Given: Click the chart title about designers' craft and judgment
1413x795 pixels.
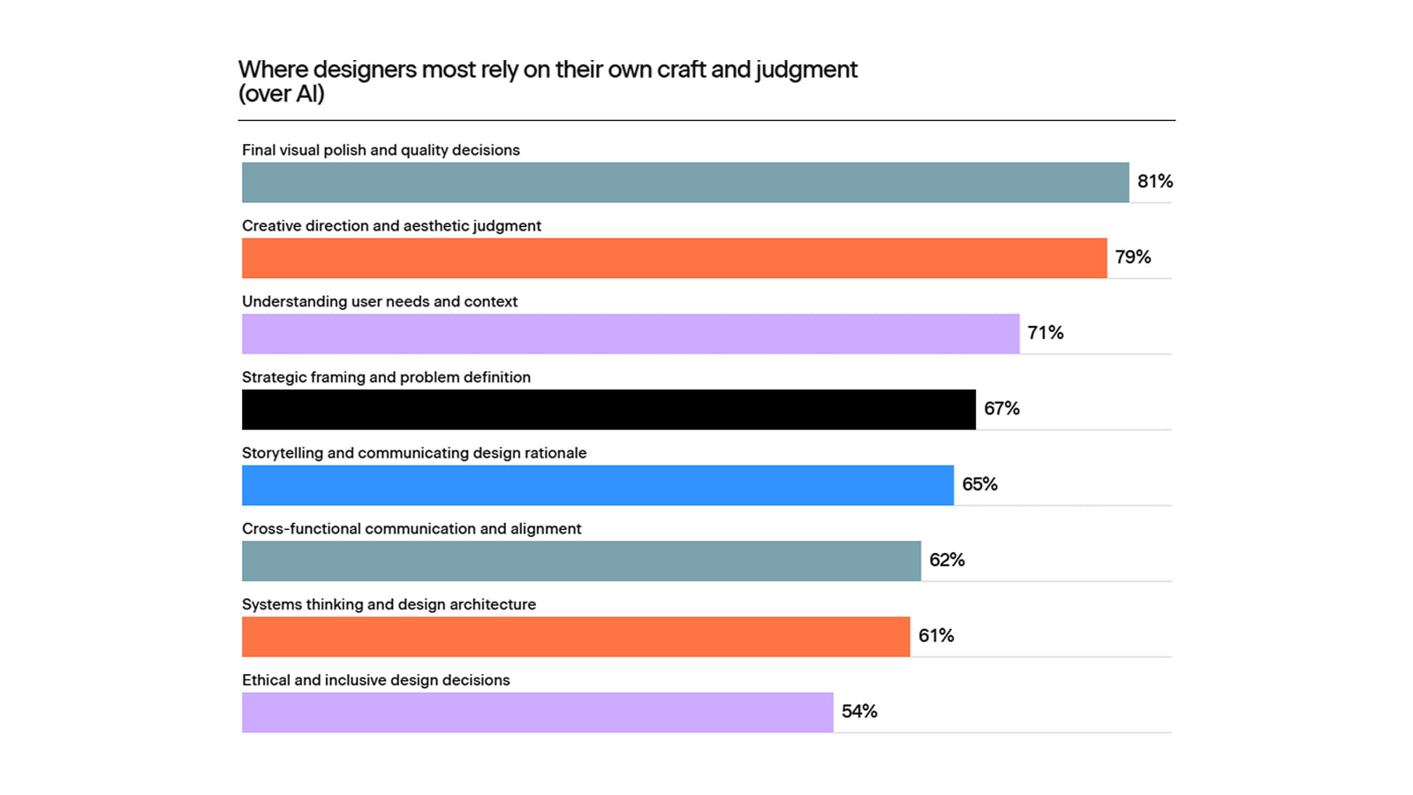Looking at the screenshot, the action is (x=548, y=81).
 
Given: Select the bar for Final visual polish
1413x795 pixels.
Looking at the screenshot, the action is (x=685, y=182).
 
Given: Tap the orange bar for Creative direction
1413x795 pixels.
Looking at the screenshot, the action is (x=675, y=258).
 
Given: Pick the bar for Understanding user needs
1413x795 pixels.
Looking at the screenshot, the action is (x=631, y=334).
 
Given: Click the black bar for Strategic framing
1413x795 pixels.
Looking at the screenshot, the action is (x=608, y=410).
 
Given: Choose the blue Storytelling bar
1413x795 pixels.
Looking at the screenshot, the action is (x=598, y=485).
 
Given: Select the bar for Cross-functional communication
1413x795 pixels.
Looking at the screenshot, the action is (x=582, y=561).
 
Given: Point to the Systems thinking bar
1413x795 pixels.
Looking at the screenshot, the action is (x=576, y=637).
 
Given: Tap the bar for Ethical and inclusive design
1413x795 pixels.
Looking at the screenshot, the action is (x=538, y=712).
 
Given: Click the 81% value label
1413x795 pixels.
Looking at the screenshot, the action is (x=1155, y=182).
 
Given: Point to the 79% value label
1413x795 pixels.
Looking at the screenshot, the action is (x=1133, y=257).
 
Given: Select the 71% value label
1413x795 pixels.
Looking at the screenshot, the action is (x=1046, y=333).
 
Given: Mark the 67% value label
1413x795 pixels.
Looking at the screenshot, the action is (x=1001, y=409).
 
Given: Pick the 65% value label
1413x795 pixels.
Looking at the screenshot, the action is (x=979, y=485).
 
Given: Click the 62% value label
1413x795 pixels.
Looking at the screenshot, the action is (x=947, y=560).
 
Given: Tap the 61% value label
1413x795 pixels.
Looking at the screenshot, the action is (x=936, y=636).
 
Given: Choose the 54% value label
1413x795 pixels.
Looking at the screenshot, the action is (x=859, y=712).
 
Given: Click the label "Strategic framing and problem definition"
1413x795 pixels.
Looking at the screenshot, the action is (x=386, y=377).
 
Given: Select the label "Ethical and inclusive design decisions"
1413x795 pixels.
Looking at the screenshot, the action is (x=376, y=680).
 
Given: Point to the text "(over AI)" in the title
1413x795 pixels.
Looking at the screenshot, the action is (x=282, y=94).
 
